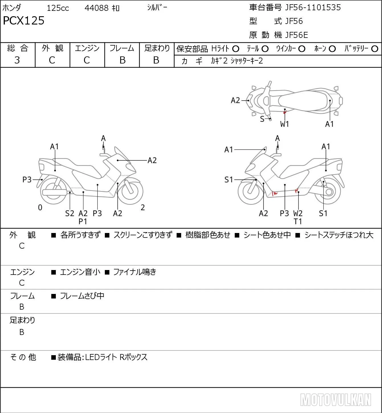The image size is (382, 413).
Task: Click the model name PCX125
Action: (24, 21)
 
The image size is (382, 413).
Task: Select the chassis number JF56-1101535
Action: (313, 7)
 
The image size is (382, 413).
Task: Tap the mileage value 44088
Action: (97, 8)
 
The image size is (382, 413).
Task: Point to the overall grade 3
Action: (17, 60)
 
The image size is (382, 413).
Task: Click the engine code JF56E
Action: (296, 35)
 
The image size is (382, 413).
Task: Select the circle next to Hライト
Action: (236, 49)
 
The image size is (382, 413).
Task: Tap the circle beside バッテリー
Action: (375, 49)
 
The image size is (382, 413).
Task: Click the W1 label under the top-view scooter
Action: (284, 124)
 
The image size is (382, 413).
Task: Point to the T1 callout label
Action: (298, 222)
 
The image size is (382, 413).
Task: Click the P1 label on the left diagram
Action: (83, 222)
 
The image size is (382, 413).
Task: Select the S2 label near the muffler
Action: (70, 213)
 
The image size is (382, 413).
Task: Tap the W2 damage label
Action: (298, 213)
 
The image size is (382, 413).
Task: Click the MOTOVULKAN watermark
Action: (336, 400)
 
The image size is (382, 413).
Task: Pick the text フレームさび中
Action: (82, 296)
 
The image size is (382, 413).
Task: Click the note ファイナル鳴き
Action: (134, 272)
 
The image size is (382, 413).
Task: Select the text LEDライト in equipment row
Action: (101, 357)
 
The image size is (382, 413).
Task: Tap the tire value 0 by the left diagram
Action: (40, 207)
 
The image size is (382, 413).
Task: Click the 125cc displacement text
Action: (58, 8)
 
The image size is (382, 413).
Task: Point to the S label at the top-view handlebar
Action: (262, 119)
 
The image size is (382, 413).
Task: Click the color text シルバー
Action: (157, 7)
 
